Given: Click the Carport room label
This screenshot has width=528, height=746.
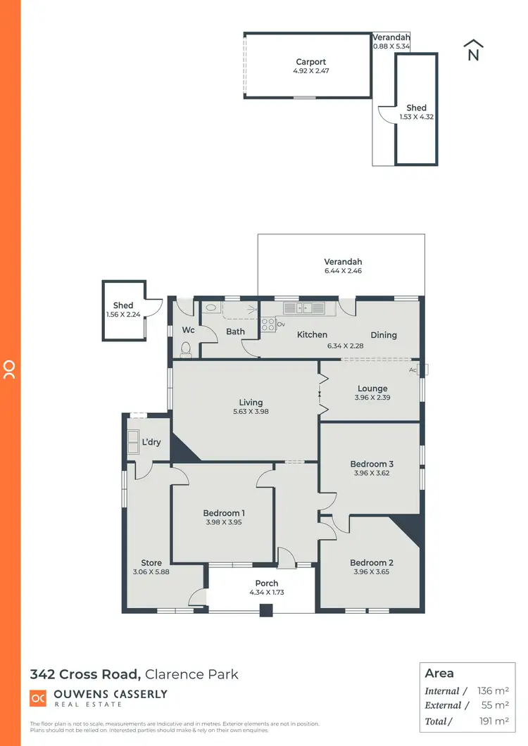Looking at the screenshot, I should [x=310, y=62].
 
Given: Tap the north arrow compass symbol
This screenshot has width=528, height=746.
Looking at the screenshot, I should [x=473, y=51].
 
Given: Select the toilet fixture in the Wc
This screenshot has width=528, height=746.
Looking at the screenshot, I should [x=186, y=348].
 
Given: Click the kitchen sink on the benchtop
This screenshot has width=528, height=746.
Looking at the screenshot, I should [x=304, y=308].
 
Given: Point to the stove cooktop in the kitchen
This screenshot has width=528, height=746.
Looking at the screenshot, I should [x=268, y=324].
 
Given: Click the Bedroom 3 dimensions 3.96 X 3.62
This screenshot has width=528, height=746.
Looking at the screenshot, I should [x=372, y=473].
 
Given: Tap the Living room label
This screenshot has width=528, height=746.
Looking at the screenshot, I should [x=246, y=403].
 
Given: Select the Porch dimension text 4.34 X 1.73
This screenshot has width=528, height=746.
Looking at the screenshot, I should [x=267, y=593].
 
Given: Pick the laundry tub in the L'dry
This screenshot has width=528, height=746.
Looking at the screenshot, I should [x=133, y=441].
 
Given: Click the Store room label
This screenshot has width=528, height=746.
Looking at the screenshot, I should [x=151, y=562].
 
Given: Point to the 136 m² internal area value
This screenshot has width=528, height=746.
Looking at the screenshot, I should [x=493, y=691].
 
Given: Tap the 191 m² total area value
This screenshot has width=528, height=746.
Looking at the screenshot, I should [x=493, y=721].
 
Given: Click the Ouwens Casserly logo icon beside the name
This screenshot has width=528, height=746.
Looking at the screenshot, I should [x=38, y=698].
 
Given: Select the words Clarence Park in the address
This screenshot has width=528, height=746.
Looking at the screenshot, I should [x=191, y=674].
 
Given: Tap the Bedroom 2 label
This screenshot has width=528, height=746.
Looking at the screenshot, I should [x=372, y=562].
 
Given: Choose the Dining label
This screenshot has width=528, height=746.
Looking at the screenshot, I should [x=384, y=335].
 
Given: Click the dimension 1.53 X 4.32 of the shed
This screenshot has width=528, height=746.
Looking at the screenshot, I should [x=416, y=117].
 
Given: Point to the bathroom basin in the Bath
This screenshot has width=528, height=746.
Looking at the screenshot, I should [x=211, y=308].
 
